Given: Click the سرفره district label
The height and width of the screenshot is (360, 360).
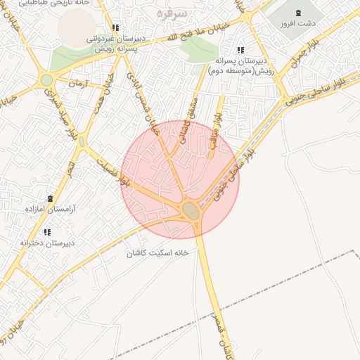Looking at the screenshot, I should coord(171,14).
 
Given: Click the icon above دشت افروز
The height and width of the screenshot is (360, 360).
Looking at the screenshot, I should coord(297,12).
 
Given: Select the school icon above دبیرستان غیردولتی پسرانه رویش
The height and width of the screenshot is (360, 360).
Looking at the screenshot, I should coord(115,27).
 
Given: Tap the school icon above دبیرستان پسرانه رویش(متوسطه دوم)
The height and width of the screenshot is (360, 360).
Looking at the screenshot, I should coord(240,50).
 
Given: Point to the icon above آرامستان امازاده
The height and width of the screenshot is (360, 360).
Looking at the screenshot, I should coord(49,199).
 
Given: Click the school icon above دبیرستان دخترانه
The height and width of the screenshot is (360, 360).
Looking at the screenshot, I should coord(47,231).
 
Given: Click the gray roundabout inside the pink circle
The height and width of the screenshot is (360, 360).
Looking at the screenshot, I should coord(191,210).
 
